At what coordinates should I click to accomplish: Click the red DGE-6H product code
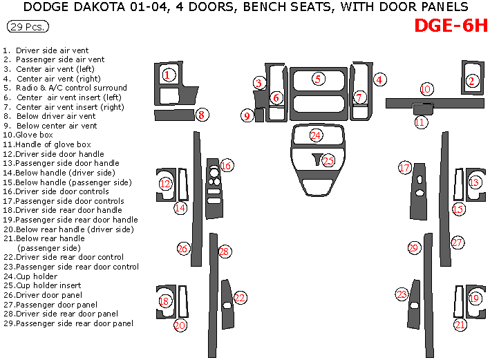pos(451,26)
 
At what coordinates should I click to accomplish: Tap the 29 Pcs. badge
pos(29,27)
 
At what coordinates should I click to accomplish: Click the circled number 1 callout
pos(167,75)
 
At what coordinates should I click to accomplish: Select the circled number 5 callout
pos(317,79)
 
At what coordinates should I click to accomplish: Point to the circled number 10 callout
pos(426,89)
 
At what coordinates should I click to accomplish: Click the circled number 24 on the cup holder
pos(316,135)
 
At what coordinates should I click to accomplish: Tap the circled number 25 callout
pos(328,160)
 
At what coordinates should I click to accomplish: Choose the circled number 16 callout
pos(226,165)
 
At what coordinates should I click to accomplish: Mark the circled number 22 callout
pos(240,298)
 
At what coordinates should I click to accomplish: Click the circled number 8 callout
pos(201,115)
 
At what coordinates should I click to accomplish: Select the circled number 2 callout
pos(472,82)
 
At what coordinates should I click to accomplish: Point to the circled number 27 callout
pos(457,242)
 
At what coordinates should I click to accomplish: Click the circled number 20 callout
pos(180,325)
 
